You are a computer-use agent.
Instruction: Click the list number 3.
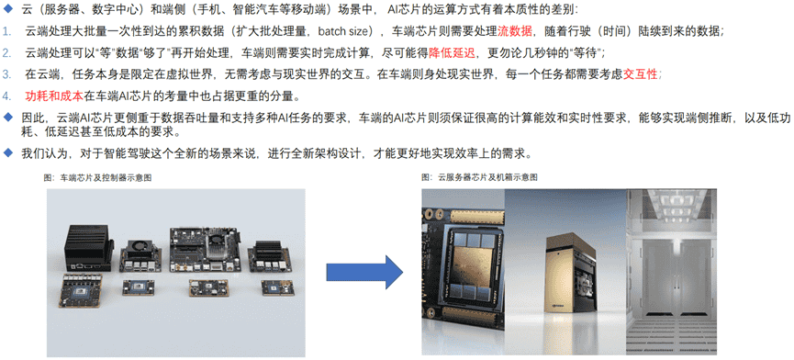pyautogui.click(x=8, y=74)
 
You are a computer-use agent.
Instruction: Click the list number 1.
pyautogui.click(x=8, y=31)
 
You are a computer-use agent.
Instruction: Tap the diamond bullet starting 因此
pyautogui.click(x=8, y=118)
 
